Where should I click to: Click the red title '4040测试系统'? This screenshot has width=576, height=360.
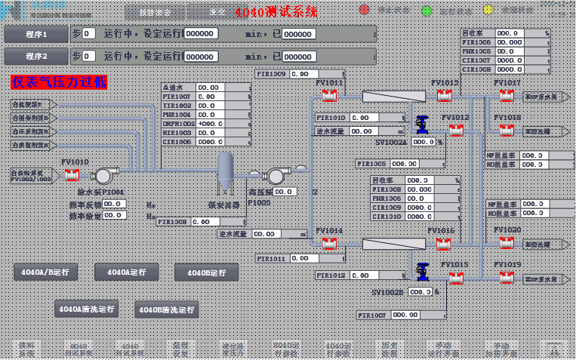pos(276,12)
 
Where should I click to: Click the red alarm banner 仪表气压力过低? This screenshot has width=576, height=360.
pos(59,82)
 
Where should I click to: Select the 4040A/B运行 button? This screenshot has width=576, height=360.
pos(45,272)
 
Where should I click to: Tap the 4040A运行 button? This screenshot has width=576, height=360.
pos(126,272)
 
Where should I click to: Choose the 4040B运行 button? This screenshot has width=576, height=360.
pos(206,272)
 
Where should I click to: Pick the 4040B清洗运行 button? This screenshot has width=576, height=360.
pos(167,309)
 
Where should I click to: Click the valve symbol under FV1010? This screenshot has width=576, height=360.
pos(72,175)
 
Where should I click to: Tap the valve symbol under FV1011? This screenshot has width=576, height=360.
pos(329,96)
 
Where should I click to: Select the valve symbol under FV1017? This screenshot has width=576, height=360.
pos(507,96)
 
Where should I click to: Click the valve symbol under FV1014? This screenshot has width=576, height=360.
pos(329,244)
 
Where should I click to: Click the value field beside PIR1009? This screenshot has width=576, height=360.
pos(310,74)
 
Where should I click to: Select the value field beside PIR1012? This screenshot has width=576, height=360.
pos(371,276)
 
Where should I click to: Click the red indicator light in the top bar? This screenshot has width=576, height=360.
pos(364,11)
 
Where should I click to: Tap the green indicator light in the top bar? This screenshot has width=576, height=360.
pos(427,11)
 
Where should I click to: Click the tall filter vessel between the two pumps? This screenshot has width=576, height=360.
pos(225,174)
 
